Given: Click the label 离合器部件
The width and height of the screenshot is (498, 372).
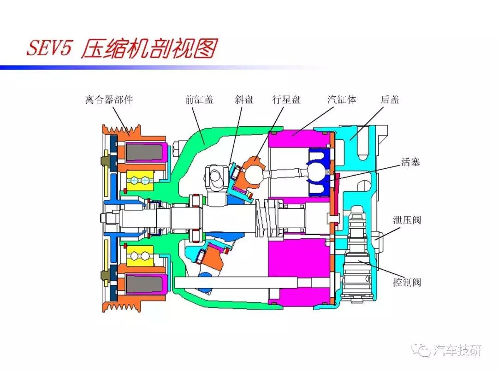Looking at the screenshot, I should coord(109,100).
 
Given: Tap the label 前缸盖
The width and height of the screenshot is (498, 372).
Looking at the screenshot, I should coord(199,100).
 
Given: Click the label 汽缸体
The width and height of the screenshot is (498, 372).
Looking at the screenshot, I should coord(342,100).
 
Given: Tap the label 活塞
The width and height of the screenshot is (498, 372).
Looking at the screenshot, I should coord(410,162).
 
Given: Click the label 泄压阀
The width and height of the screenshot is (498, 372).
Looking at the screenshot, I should coord(407,220).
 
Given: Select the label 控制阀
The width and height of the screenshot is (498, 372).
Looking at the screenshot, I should coord(407,282).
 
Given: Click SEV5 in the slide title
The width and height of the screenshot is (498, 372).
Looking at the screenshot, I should coord(49,49).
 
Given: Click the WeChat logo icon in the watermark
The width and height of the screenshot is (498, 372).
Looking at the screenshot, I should coord(423,351).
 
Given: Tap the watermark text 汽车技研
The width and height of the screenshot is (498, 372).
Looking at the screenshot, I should coord(458,351).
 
